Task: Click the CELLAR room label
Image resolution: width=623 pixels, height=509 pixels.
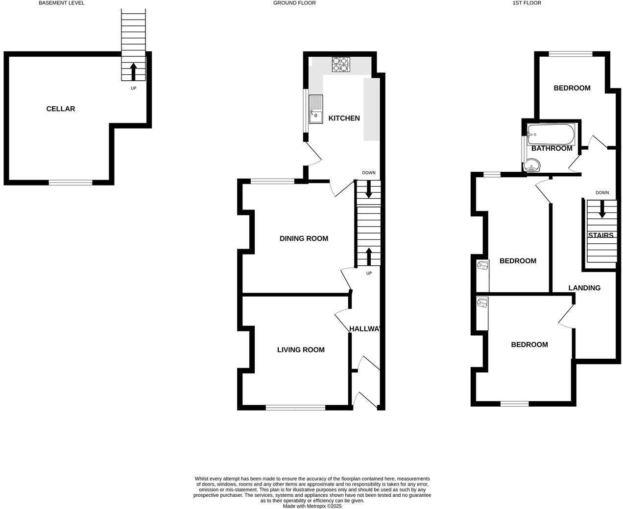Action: tap(61, 109)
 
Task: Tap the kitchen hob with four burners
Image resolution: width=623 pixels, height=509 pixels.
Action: tap(341, 65)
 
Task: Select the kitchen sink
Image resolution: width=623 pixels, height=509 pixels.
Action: tap(316, 109)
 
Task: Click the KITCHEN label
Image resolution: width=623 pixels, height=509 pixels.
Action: tap(344, 118)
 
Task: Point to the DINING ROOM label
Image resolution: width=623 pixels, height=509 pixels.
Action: tap(304, 238)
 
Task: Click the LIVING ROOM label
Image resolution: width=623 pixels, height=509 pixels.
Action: tap(301, 349)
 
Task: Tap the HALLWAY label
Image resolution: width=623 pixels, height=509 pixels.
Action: tap(365, 328)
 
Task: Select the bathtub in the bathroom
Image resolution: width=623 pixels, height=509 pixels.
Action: tap(550, 134)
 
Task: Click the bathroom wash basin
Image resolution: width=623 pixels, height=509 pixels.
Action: tap(531, 167)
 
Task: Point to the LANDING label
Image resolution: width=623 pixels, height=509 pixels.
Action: tap(584, 288)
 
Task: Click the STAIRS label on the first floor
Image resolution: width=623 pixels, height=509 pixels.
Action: tap(600, 235)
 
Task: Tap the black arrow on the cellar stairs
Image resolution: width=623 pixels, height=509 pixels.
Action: tap(133, 71)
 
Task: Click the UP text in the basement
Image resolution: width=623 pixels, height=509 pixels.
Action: tap(133, 89)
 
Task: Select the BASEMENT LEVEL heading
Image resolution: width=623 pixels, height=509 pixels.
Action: tap(61, 3)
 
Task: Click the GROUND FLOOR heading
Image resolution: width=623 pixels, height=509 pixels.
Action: tap(294, 3)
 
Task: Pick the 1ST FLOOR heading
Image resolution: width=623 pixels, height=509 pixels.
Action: tap(527, 3)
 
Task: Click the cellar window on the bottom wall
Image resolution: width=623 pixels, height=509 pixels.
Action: tap(71, 183)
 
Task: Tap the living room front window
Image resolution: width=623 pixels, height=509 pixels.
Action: tap(295, 407)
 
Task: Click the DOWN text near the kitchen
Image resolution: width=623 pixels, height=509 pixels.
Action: tap(369, 173)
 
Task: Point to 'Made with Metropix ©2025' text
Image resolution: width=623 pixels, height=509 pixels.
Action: tap(312, 506)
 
